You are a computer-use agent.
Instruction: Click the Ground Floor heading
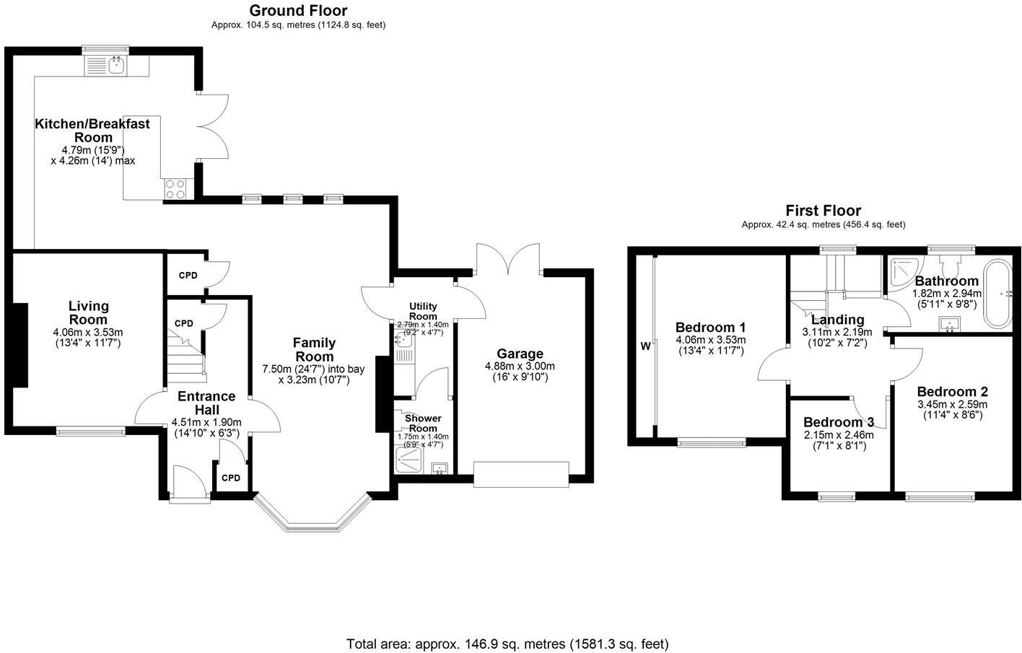tap(298, 11)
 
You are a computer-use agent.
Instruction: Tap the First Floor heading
tap(823, 211)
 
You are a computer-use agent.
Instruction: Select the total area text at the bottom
tap(507, 644)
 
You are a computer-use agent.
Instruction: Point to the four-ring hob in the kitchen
tap(175, 188)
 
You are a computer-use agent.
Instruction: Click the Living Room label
tap(88, 313)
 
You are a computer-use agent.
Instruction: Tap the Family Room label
tap(315, 349)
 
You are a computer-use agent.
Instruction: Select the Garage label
tap(520, 354)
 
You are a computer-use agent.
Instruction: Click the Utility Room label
tap(423, 311)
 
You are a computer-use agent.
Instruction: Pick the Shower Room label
tap(423, 423)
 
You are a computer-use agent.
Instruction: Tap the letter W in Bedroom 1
tap(645, 346)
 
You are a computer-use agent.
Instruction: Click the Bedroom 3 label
tap(838, 422)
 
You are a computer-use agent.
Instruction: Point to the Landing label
tap(837, 320)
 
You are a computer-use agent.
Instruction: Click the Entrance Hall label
tap(206, 403)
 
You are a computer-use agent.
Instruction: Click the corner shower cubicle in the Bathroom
tap(900, 271)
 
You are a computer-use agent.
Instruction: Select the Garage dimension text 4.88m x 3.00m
tap(520, 367)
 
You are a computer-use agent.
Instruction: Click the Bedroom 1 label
tap(710, 327)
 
